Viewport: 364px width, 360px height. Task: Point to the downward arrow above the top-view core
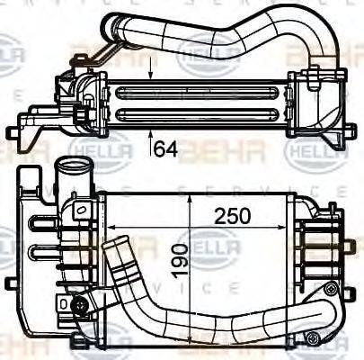click(150, 67)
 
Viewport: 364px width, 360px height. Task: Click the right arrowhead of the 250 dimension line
click(300, 200)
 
